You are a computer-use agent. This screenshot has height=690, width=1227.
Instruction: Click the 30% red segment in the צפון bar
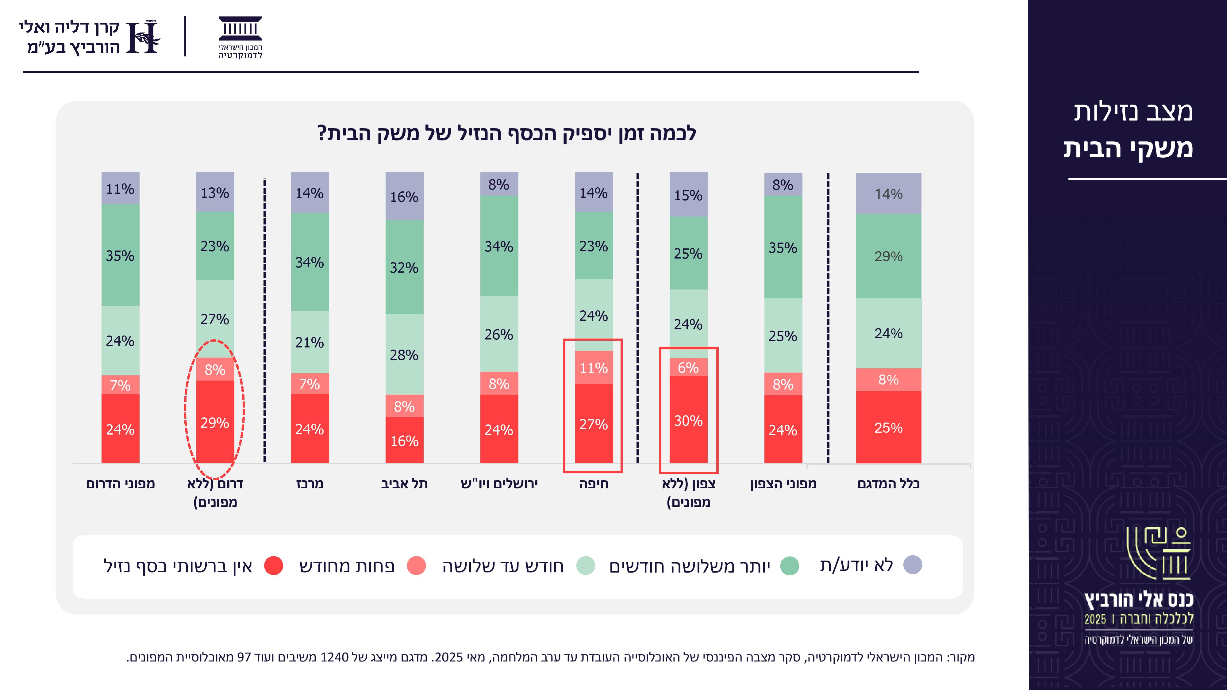coord(688,420)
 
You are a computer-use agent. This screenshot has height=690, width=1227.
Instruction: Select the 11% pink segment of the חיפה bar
coord(594,368)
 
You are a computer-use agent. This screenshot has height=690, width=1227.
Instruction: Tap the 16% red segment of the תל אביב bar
coord(404,440)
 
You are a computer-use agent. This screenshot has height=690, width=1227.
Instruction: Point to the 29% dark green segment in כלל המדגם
coord(888,256)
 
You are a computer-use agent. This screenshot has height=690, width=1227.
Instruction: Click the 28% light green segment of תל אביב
coord(404,355)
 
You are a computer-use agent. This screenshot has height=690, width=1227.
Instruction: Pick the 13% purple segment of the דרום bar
coord(215,192)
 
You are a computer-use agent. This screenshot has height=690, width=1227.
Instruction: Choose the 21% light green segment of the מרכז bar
coord(310,342)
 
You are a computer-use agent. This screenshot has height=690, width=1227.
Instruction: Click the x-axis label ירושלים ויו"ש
coord(499,484)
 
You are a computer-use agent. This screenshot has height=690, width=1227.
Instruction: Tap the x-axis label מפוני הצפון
coord(783,484)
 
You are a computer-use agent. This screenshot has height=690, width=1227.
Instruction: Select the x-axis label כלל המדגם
coord(888,484)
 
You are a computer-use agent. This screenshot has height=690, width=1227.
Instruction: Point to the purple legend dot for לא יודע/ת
coord(913,565)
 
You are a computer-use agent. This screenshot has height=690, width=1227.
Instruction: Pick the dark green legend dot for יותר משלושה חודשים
coord(790,565)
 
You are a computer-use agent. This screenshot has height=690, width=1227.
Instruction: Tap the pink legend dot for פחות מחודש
coord(416,565)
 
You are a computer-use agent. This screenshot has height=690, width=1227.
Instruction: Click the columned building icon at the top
coord(240,29)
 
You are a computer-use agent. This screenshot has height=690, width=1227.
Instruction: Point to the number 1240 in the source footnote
coord(334,657)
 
